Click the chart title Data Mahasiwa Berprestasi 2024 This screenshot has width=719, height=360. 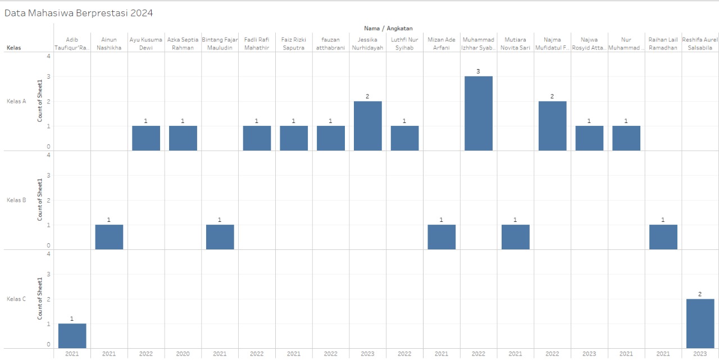coord(79,12)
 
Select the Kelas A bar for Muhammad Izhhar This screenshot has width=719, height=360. coord(479,113)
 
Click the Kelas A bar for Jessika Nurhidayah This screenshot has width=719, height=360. coord(367,126)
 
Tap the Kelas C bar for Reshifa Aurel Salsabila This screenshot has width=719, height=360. coord(700,323)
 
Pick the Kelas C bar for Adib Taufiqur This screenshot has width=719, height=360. coord(72,336)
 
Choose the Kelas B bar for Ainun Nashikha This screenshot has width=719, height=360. coord(109,237)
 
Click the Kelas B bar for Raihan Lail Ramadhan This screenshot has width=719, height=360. coord(663,237)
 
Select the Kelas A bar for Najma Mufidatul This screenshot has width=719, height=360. coord(552,126)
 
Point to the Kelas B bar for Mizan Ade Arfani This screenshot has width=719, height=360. coord(442,237)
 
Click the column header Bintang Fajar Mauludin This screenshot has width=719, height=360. coord(220,44)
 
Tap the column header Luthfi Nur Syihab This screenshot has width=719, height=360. coord(404,44)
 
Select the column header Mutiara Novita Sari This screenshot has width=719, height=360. coord(515,44)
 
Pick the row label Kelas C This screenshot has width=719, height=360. coord(16,299)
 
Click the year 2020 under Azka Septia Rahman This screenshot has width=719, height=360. coord(183,354)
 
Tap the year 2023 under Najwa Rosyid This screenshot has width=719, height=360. coord(589,354)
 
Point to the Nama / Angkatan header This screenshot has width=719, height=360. coord(388,28)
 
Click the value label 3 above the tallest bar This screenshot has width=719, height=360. coord(478,71)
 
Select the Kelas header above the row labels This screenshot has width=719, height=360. coord(13,48)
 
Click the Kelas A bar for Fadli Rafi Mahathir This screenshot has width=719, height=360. coord(257,138)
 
